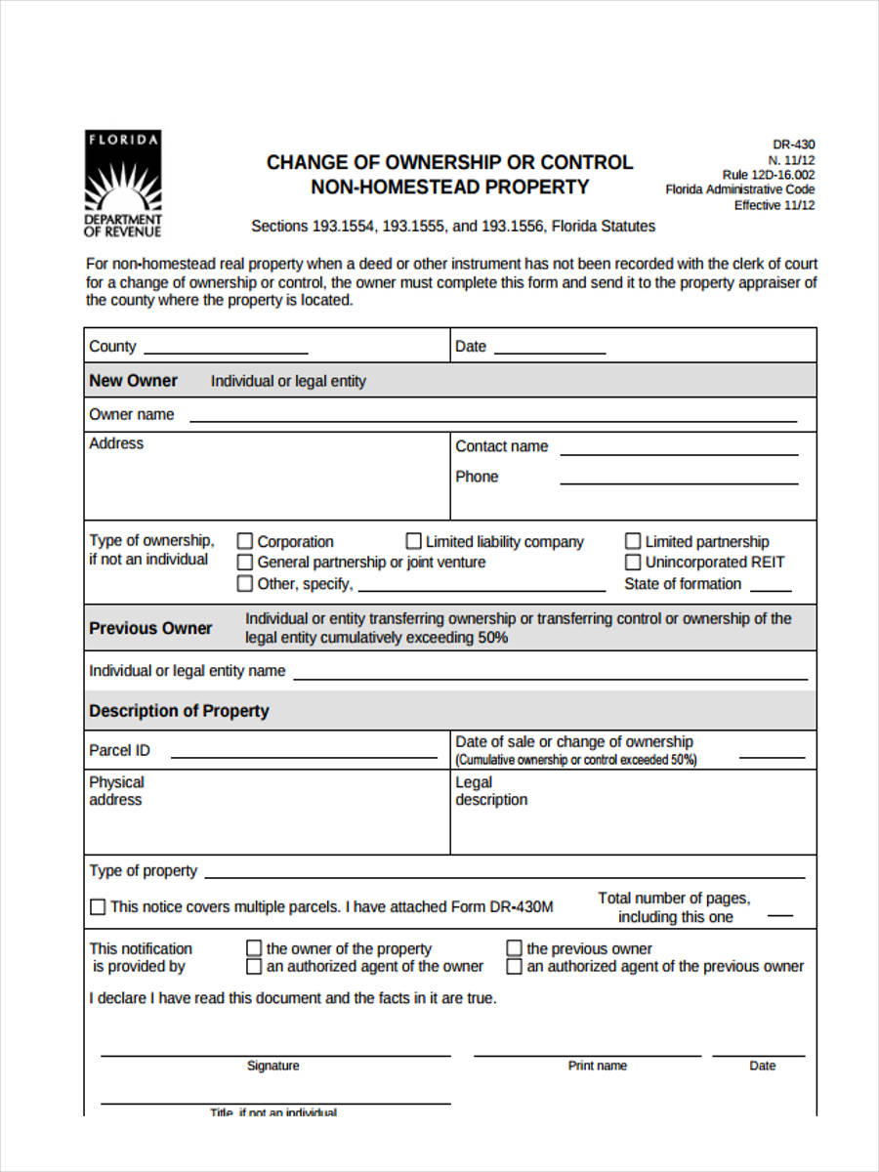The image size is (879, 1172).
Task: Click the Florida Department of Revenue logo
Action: (x=123, y=185)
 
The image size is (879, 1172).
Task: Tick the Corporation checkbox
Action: (x=245, y=541)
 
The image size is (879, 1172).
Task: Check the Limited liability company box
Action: (x=414, y=541)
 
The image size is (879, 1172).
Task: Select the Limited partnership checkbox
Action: (x=633, y=541)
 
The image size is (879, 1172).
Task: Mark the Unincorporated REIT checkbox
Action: (x=633, y=562)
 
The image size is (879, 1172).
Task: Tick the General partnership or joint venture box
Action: (x=245, y=562)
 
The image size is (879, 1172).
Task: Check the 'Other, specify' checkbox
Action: (x=245, y=583)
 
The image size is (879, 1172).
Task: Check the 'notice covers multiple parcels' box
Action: (x=98, y=907)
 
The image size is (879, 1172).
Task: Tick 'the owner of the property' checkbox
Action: (x=254, y=948)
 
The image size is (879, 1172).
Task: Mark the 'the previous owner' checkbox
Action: (x=515, y=948)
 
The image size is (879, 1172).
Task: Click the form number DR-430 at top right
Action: (x=793, y=145)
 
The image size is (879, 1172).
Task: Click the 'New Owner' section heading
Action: (x=134, y=381)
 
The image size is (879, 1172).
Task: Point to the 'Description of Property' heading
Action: (x=179, y=711)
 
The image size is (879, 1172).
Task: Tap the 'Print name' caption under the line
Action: (x=597, y=1066)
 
